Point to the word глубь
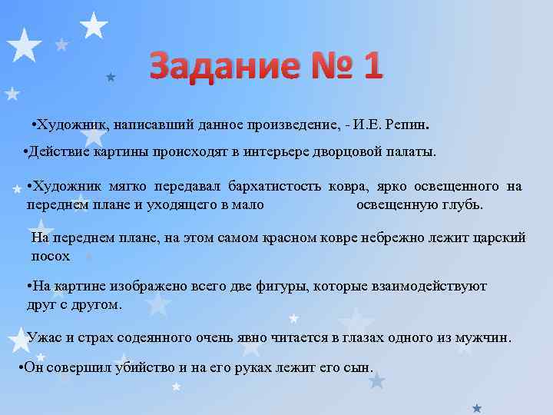466,205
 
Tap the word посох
51,256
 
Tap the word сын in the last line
356,367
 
